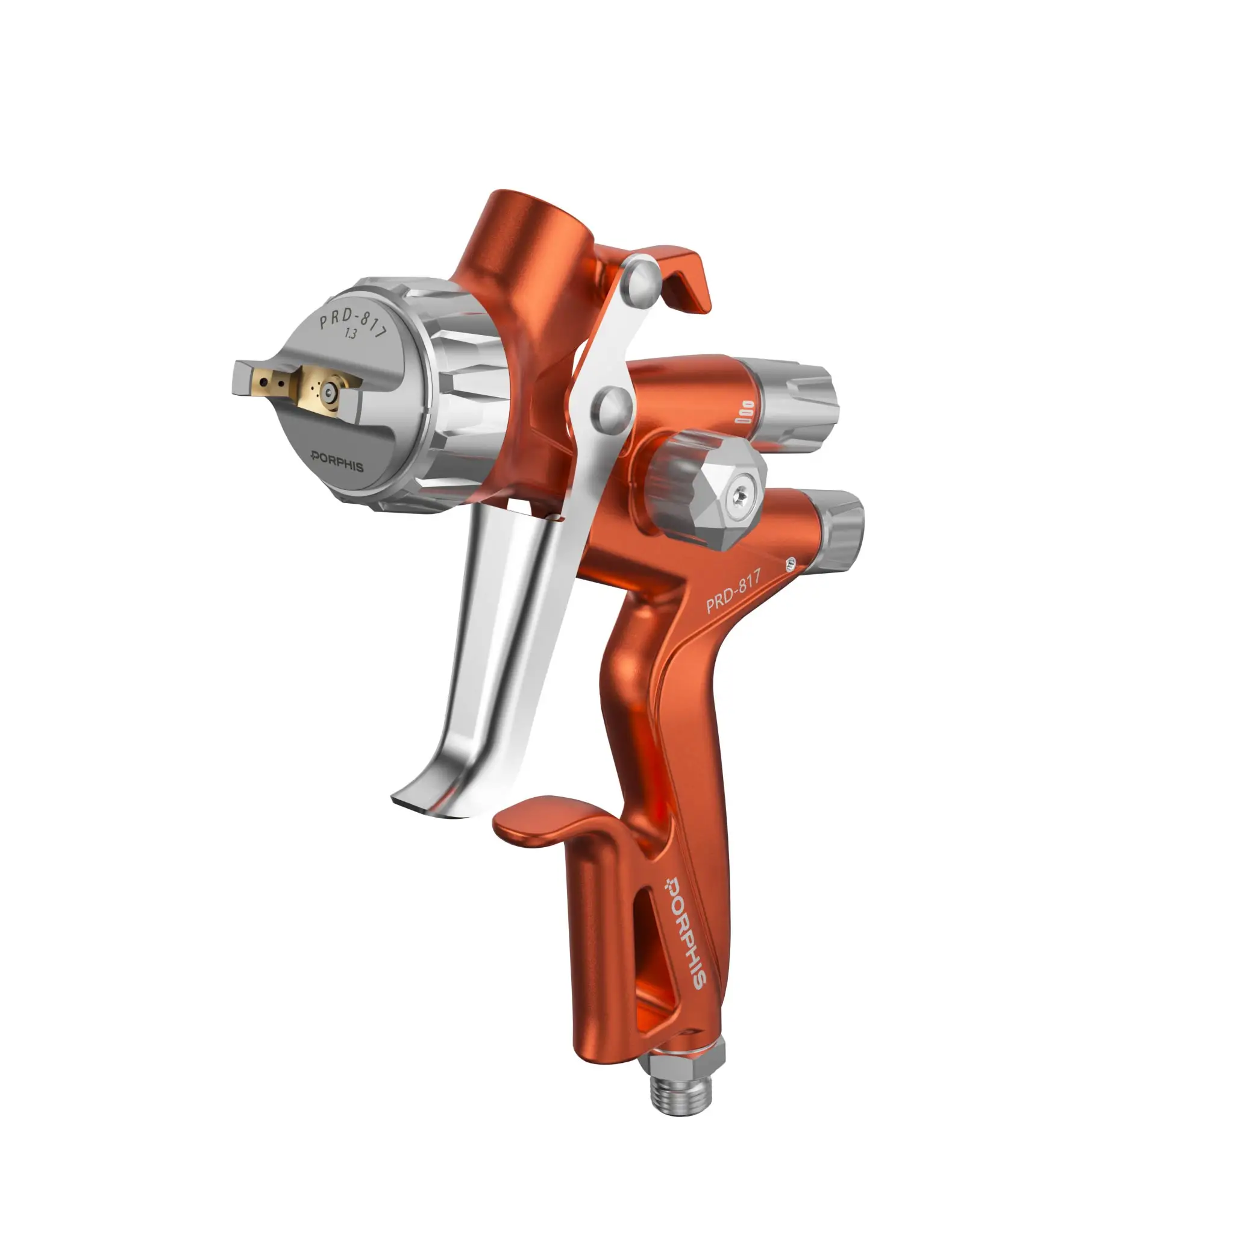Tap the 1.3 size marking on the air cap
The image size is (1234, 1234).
[x=351, y=333]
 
